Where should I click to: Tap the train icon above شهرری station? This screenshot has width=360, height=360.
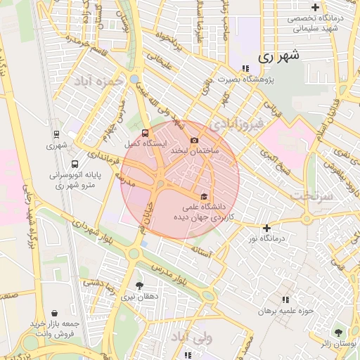coord(56,134)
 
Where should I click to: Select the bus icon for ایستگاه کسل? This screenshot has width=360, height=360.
coord(145,132)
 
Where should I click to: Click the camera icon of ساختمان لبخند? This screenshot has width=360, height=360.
coord(195,141)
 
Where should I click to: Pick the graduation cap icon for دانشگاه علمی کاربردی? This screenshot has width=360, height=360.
coord(205,196)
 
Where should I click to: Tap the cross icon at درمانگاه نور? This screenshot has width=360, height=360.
coord(266,228)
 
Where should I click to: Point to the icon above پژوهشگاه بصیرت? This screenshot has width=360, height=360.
coord(245,68)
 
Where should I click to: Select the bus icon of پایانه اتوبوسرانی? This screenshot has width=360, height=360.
coord(75,164)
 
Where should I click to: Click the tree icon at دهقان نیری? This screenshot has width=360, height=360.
coord(139,285)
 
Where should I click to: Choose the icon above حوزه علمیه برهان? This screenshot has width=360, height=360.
coord(285,300)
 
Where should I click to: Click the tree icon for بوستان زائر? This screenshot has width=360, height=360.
coord(340,332)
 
